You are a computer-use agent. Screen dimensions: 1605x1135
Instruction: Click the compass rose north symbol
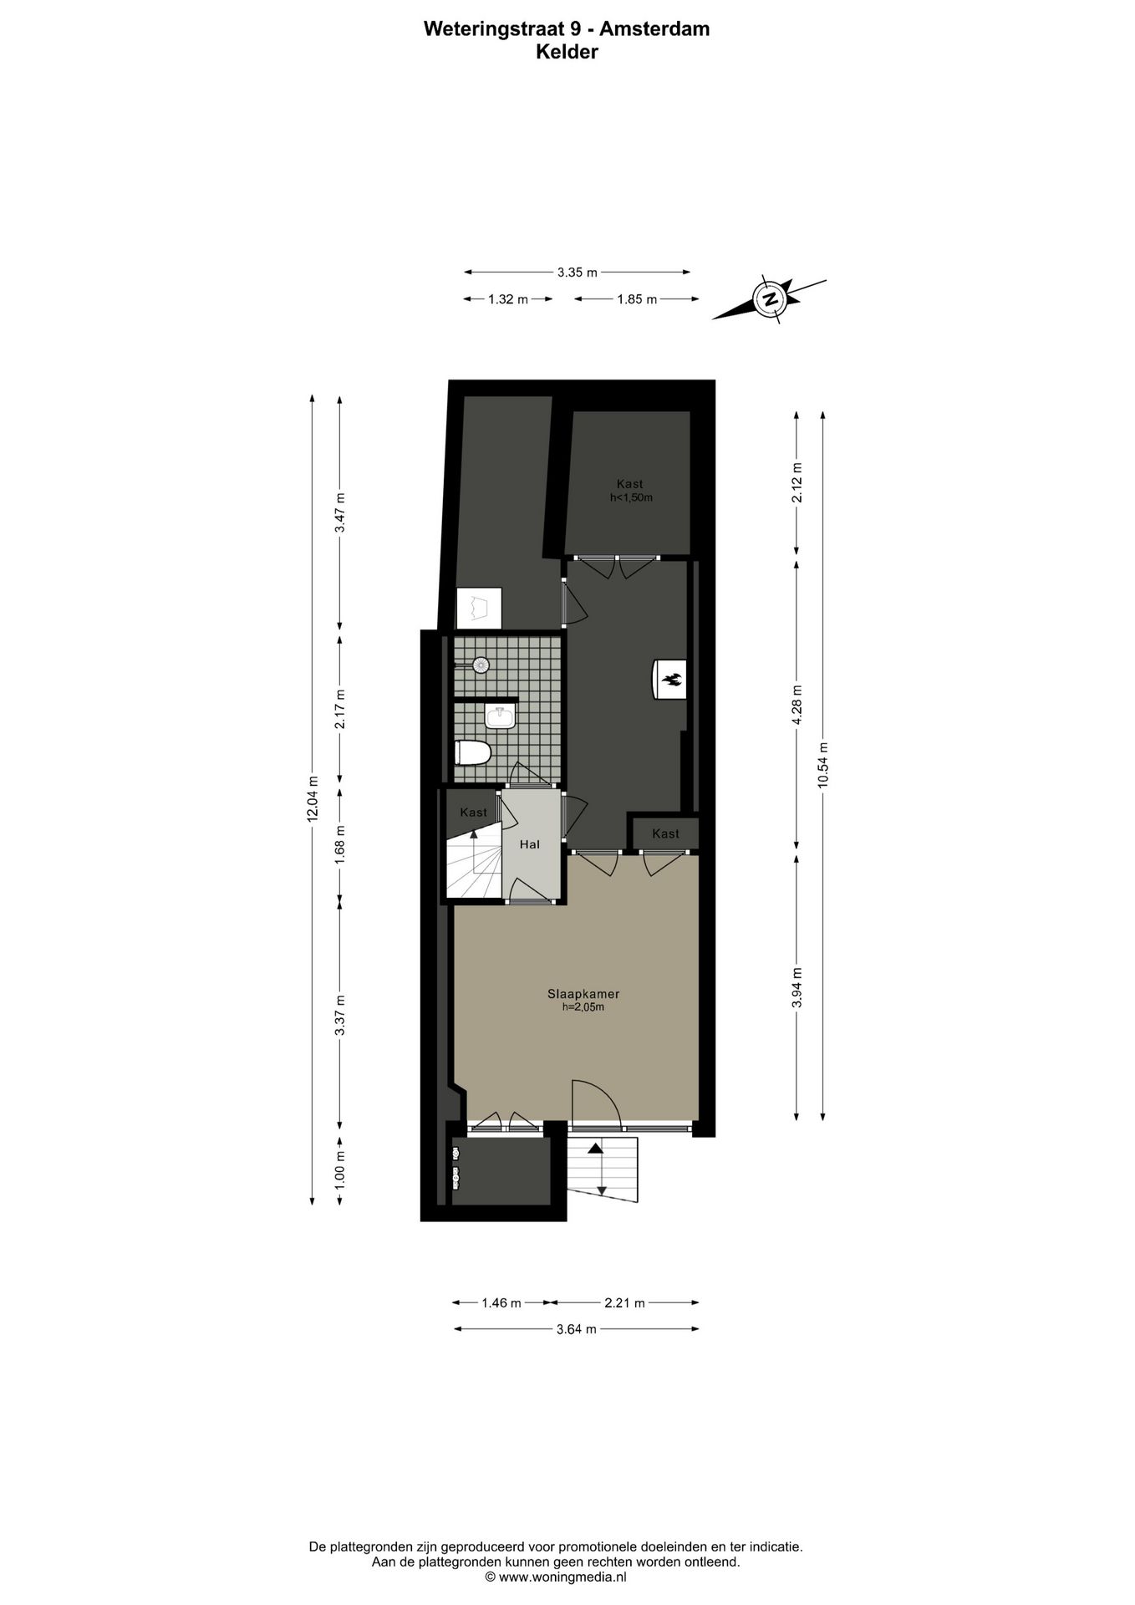point(768,298)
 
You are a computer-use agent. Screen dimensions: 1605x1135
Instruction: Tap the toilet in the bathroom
point(472,752)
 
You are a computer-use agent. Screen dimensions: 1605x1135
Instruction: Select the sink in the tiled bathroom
point(501,716)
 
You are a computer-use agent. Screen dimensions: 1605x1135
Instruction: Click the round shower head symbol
point(481,665)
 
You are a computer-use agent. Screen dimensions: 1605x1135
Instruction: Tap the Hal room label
point(530,844)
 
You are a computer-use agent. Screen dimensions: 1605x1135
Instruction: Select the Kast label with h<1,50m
point(629,490)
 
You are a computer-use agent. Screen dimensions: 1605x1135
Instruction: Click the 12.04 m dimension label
point(313,799)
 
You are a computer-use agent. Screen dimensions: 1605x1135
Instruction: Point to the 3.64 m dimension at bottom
point(577,1329)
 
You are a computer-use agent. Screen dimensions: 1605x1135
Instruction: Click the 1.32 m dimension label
point(508,299)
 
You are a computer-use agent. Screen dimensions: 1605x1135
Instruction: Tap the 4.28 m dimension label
point(797,706)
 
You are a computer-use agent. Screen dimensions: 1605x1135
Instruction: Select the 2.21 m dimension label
point(625,1302)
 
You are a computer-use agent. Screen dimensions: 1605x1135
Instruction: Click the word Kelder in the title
point(567,52)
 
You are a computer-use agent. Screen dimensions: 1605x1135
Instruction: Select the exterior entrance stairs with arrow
point(602,1168)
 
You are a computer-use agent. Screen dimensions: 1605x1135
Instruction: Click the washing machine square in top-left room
point(479,608)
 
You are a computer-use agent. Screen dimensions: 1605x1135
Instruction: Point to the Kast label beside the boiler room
point(665,833)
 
